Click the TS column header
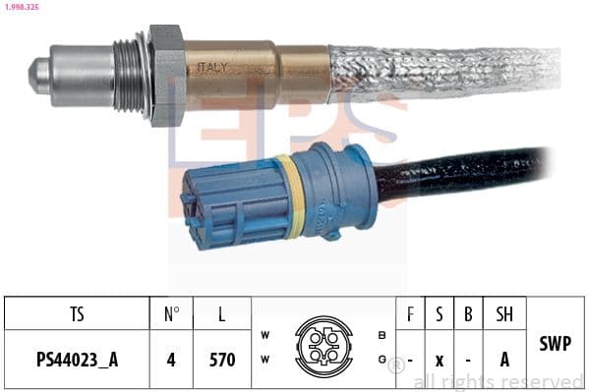(77, 313)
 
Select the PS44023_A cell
(77, 360)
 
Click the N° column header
(171, 313)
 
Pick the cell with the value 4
(171, 360)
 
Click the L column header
(222, 313)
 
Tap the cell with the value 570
(222, 360)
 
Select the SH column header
(504, 313)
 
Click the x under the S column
(439, 360)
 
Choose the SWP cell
(556, 344)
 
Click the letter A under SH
(504, 360)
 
